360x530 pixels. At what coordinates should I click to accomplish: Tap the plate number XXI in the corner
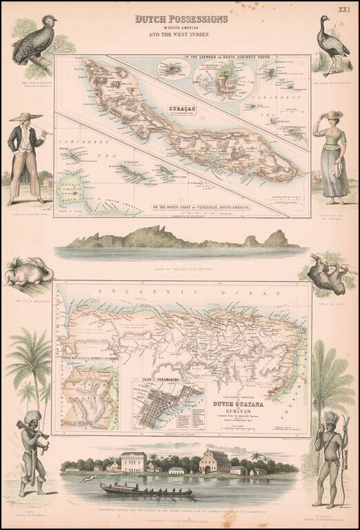343,9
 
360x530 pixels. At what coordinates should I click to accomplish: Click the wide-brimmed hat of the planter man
26,117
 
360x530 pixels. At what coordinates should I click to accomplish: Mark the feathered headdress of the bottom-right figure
331,420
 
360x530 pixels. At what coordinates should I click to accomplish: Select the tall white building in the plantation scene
134,461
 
